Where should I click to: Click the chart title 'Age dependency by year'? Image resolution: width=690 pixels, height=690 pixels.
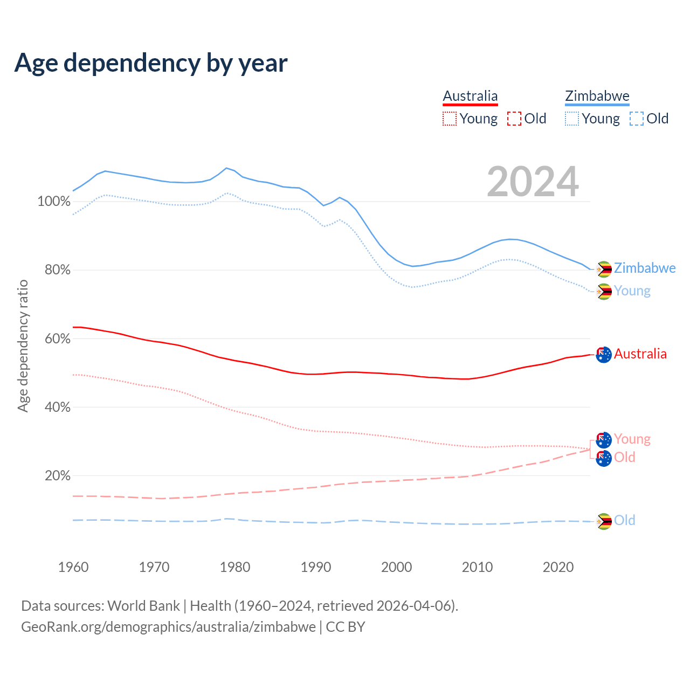tap(151, 63)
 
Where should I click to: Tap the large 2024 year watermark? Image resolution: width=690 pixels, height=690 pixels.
tap(533, 182)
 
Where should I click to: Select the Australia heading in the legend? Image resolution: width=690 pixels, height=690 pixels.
tap(470, 96)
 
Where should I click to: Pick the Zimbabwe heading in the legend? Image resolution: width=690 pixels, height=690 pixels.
tap(597, 96)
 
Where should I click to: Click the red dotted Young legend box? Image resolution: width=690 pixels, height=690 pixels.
tap(450, 119)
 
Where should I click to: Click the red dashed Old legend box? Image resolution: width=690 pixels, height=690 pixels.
tap(514, 119)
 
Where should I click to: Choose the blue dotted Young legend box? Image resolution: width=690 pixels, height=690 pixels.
tap(572, 119)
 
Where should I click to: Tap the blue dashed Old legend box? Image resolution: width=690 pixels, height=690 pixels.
tap(637, 119)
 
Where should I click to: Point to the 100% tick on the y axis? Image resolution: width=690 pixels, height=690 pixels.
tap(54, 202)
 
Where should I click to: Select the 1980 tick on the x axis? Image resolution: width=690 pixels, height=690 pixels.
tap(235, 567)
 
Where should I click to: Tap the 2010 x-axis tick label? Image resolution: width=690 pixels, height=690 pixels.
tap(477, 567)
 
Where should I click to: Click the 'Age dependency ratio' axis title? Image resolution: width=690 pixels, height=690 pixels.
tap(23, 346)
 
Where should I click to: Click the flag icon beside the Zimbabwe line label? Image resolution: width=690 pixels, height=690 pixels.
tap(604, 269)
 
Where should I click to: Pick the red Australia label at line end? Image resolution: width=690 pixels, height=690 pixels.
tap(640, 354)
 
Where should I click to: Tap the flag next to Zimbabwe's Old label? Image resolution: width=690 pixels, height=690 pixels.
tap(604, 521)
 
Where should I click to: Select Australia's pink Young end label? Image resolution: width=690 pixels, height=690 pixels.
tap(632, 439)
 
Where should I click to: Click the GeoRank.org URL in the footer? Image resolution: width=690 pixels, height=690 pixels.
tap(168, 627)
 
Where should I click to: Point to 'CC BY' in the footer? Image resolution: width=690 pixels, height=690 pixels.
tap(346, 627)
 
